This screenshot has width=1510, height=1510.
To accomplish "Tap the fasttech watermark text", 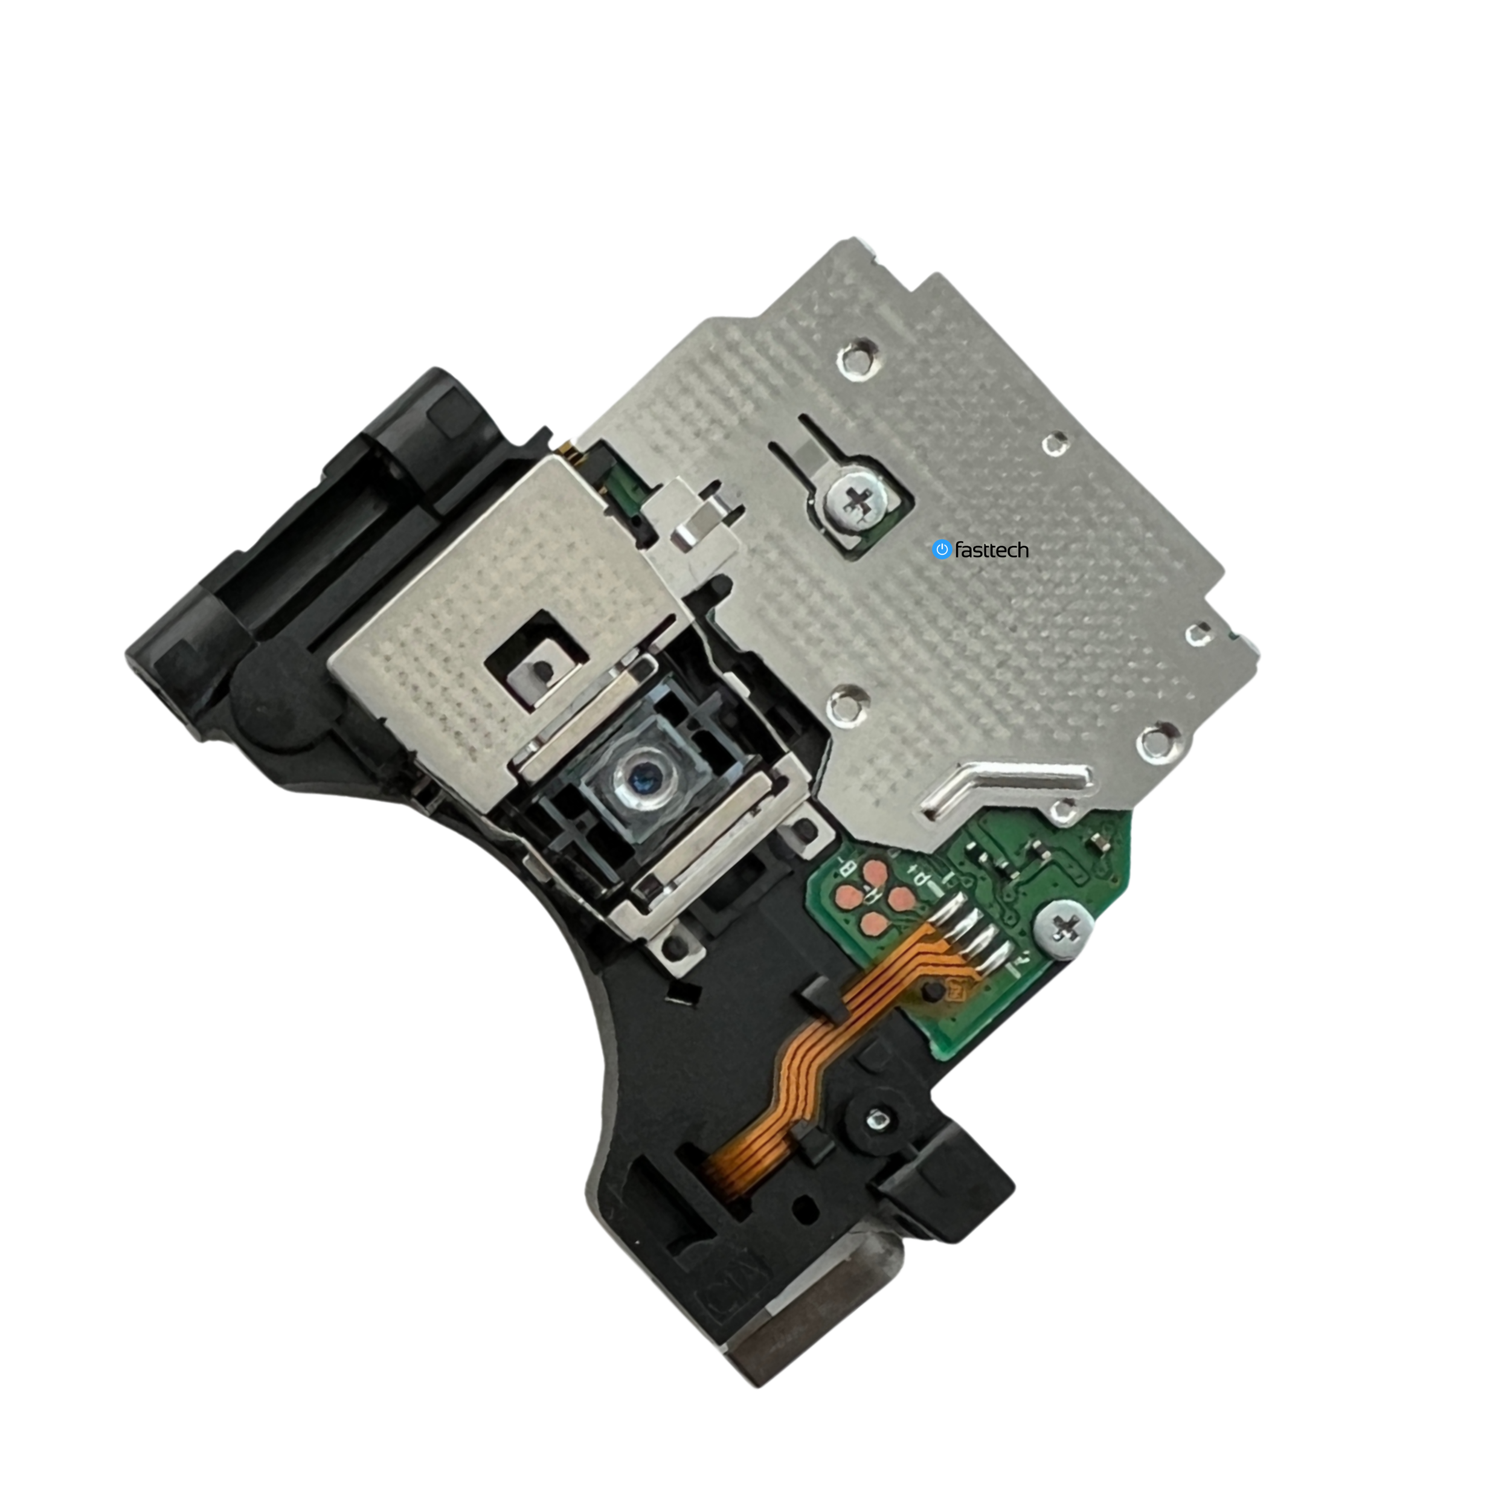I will [991, 550].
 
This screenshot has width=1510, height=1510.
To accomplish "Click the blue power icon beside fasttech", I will [942, 550].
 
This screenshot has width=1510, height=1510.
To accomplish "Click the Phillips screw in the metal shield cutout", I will [858, 503].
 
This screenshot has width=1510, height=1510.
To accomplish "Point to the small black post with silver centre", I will [875, 1120].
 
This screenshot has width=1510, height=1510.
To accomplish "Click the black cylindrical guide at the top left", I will [418, 426].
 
